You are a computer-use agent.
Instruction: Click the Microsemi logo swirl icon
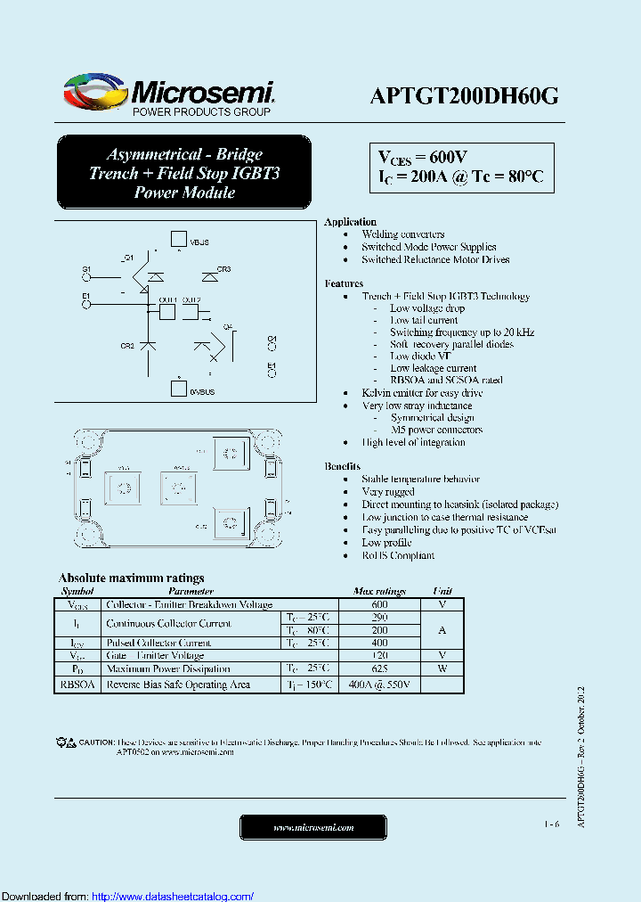coord(93,91)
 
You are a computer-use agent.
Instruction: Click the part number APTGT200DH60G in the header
coord(464,97)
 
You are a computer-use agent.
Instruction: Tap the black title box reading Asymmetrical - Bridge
coord(184,173)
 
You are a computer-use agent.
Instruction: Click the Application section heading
coord(350,222)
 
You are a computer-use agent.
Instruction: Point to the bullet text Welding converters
coord(403,234)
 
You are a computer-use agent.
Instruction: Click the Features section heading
coord(344,283)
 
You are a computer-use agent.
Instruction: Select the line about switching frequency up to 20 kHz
coord(461,332)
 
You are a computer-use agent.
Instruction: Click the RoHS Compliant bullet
coord(398,555)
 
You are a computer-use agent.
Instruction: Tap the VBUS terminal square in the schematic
coord(177,240)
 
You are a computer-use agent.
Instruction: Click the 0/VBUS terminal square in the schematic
coord(177,389)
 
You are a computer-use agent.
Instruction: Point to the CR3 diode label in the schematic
coord(224,269)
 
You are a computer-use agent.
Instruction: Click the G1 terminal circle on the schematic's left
coord(86,277)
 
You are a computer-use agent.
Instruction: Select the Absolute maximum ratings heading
coord(131,578)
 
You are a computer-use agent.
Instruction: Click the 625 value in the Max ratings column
coord(379,668)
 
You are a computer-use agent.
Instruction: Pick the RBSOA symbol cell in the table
coord(77,685)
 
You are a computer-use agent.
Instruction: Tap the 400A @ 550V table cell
coord(379,685)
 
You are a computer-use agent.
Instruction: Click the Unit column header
coord(442,591)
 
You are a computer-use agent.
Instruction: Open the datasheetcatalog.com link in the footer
coord(173,896)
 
